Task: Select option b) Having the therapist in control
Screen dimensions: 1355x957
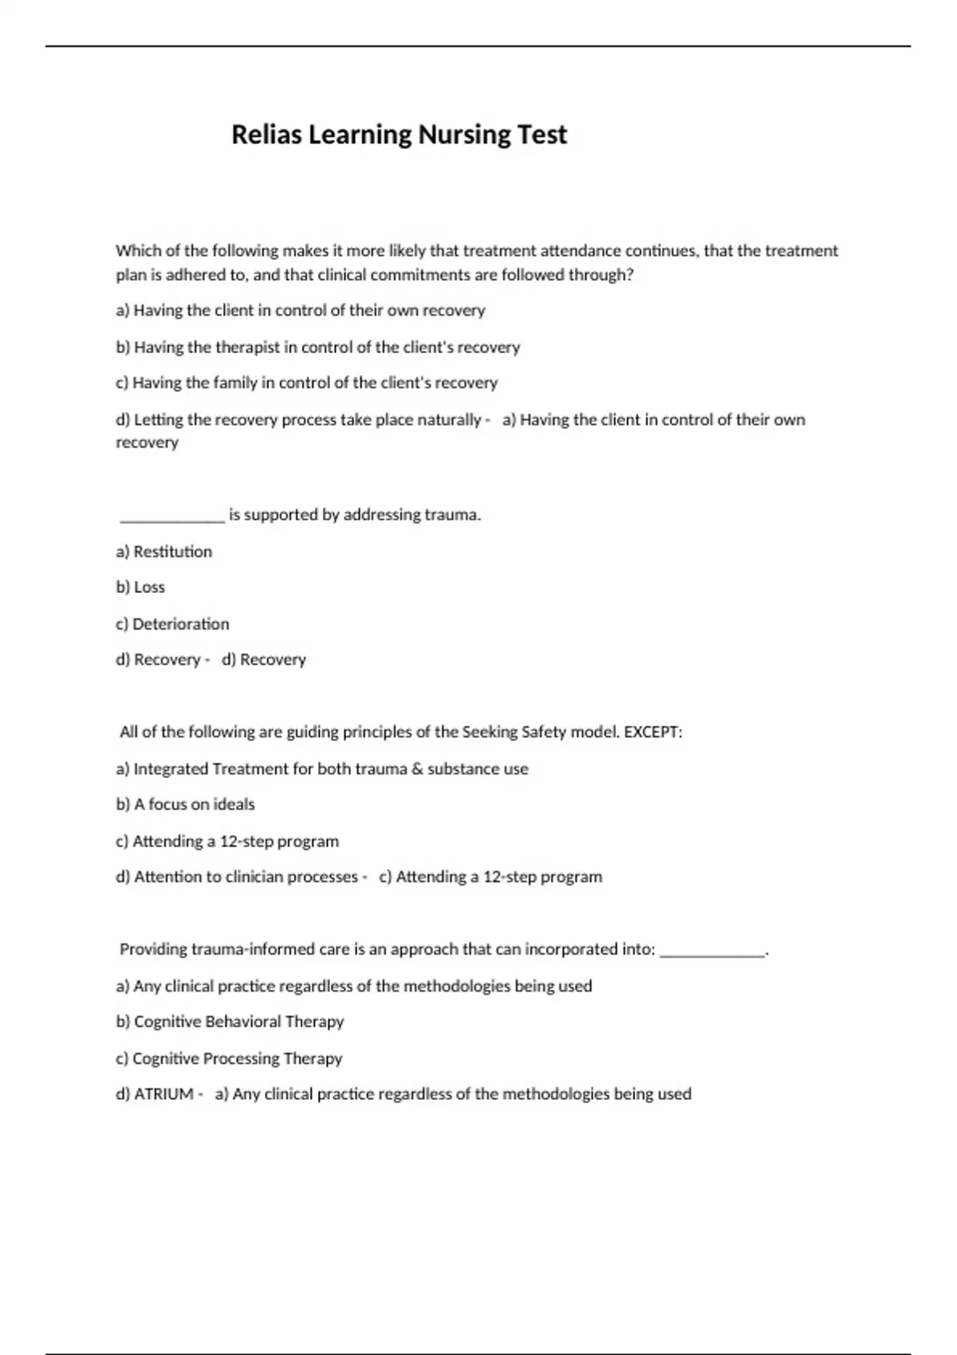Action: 317,348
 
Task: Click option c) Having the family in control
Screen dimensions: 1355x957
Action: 306,383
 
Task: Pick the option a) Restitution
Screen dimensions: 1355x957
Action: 163,552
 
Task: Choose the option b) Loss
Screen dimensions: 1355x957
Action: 140,587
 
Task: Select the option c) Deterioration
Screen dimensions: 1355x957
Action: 172,624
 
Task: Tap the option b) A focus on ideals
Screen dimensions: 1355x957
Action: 185,804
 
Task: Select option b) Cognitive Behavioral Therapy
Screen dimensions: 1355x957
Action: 230,1022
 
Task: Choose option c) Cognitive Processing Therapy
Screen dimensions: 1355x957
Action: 229,1058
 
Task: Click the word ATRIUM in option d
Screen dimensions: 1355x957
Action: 163,1094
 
